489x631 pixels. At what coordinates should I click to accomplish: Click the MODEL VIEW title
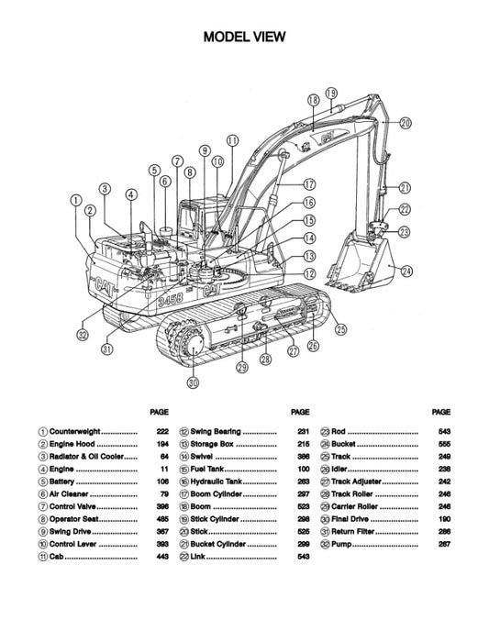244,38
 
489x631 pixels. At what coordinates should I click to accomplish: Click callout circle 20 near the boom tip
405,123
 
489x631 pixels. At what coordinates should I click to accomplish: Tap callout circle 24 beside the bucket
406,270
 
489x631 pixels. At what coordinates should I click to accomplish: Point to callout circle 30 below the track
193,382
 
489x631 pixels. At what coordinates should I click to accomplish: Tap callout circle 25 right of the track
341,328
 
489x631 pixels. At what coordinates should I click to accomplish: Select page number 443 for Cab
162,557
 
